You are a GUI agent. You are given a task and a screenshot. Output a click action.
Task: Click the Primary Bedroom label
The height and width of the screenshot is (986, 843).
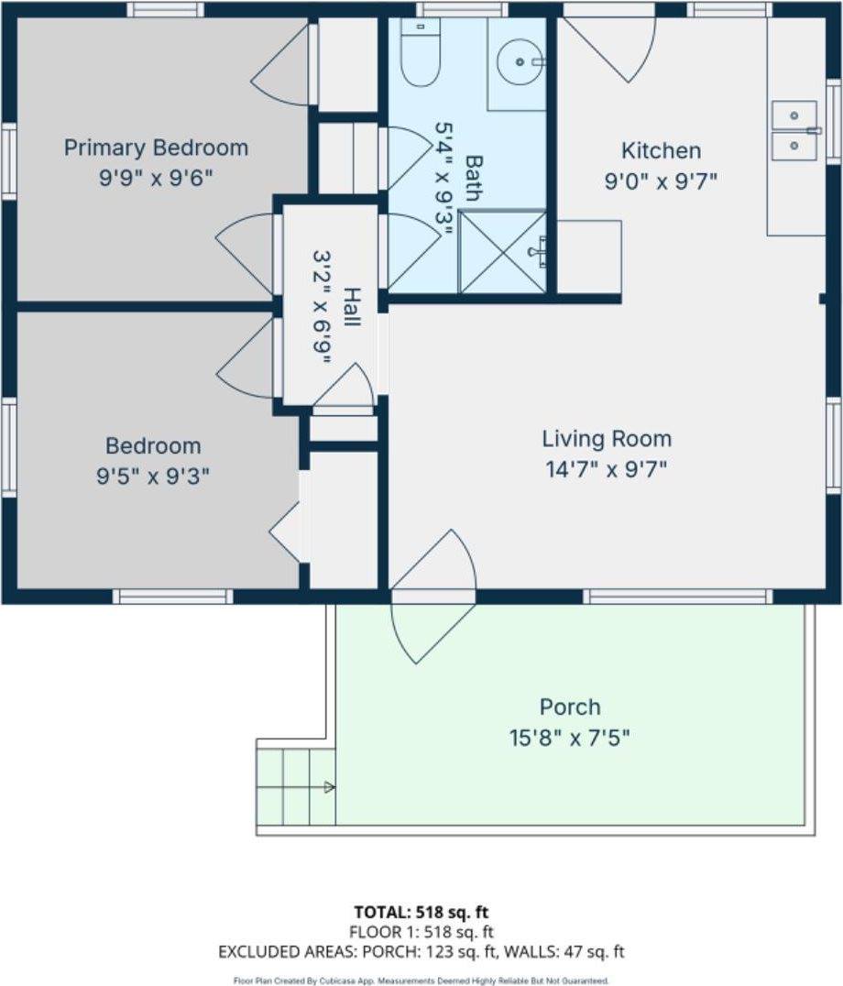[156, 148]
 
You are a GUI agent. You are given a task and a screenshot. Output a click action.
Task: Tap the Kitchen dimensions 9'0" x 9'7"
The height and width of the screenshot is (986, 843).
[660, 181]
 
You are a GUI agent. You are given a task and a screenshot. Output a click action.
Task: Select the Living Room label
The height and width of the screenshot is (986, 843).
[606, 439]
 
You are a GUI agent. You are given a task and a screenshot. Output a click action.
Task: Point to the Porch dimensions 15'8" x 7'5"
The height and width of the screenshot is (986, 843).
[570, 737]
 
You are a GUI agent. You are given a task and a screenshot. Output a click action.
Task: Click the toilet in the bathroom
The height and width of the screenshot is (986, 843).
[421, 54]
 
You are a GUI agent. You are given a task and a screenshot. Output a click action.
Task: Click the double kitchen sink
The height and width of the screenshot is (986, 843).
[794, 130]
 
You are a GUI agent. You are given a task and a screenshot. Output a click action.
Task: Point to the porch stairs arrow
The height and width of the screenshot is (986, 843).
[328, 786]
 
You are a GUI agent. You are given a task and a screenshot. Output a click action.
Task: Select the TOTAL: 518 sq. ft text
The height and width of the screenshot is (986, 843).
[421, 912]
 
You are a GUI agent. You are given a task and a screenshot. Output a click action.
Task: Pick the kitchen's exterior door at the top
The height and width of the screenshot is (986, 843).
[608, 46]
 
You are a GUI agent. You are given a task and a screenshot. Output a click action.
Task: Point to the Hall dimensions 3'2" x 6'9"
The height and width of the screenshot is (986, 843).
[323, 307]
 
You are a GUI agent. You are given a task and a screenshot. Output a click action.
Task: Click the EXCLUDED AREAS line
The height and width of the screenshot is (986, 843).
[421, 952]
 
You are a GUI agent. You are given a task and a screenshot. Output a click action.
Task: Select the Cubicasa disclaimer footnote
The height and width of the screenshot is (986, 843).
[421, 980]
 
